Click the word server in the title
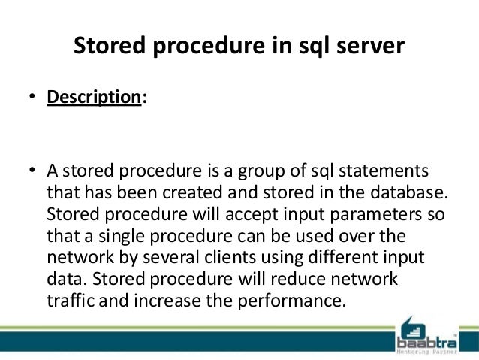pos(367,47)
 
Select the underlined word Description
pos(94,99)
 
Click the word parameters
pos(368,213)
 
